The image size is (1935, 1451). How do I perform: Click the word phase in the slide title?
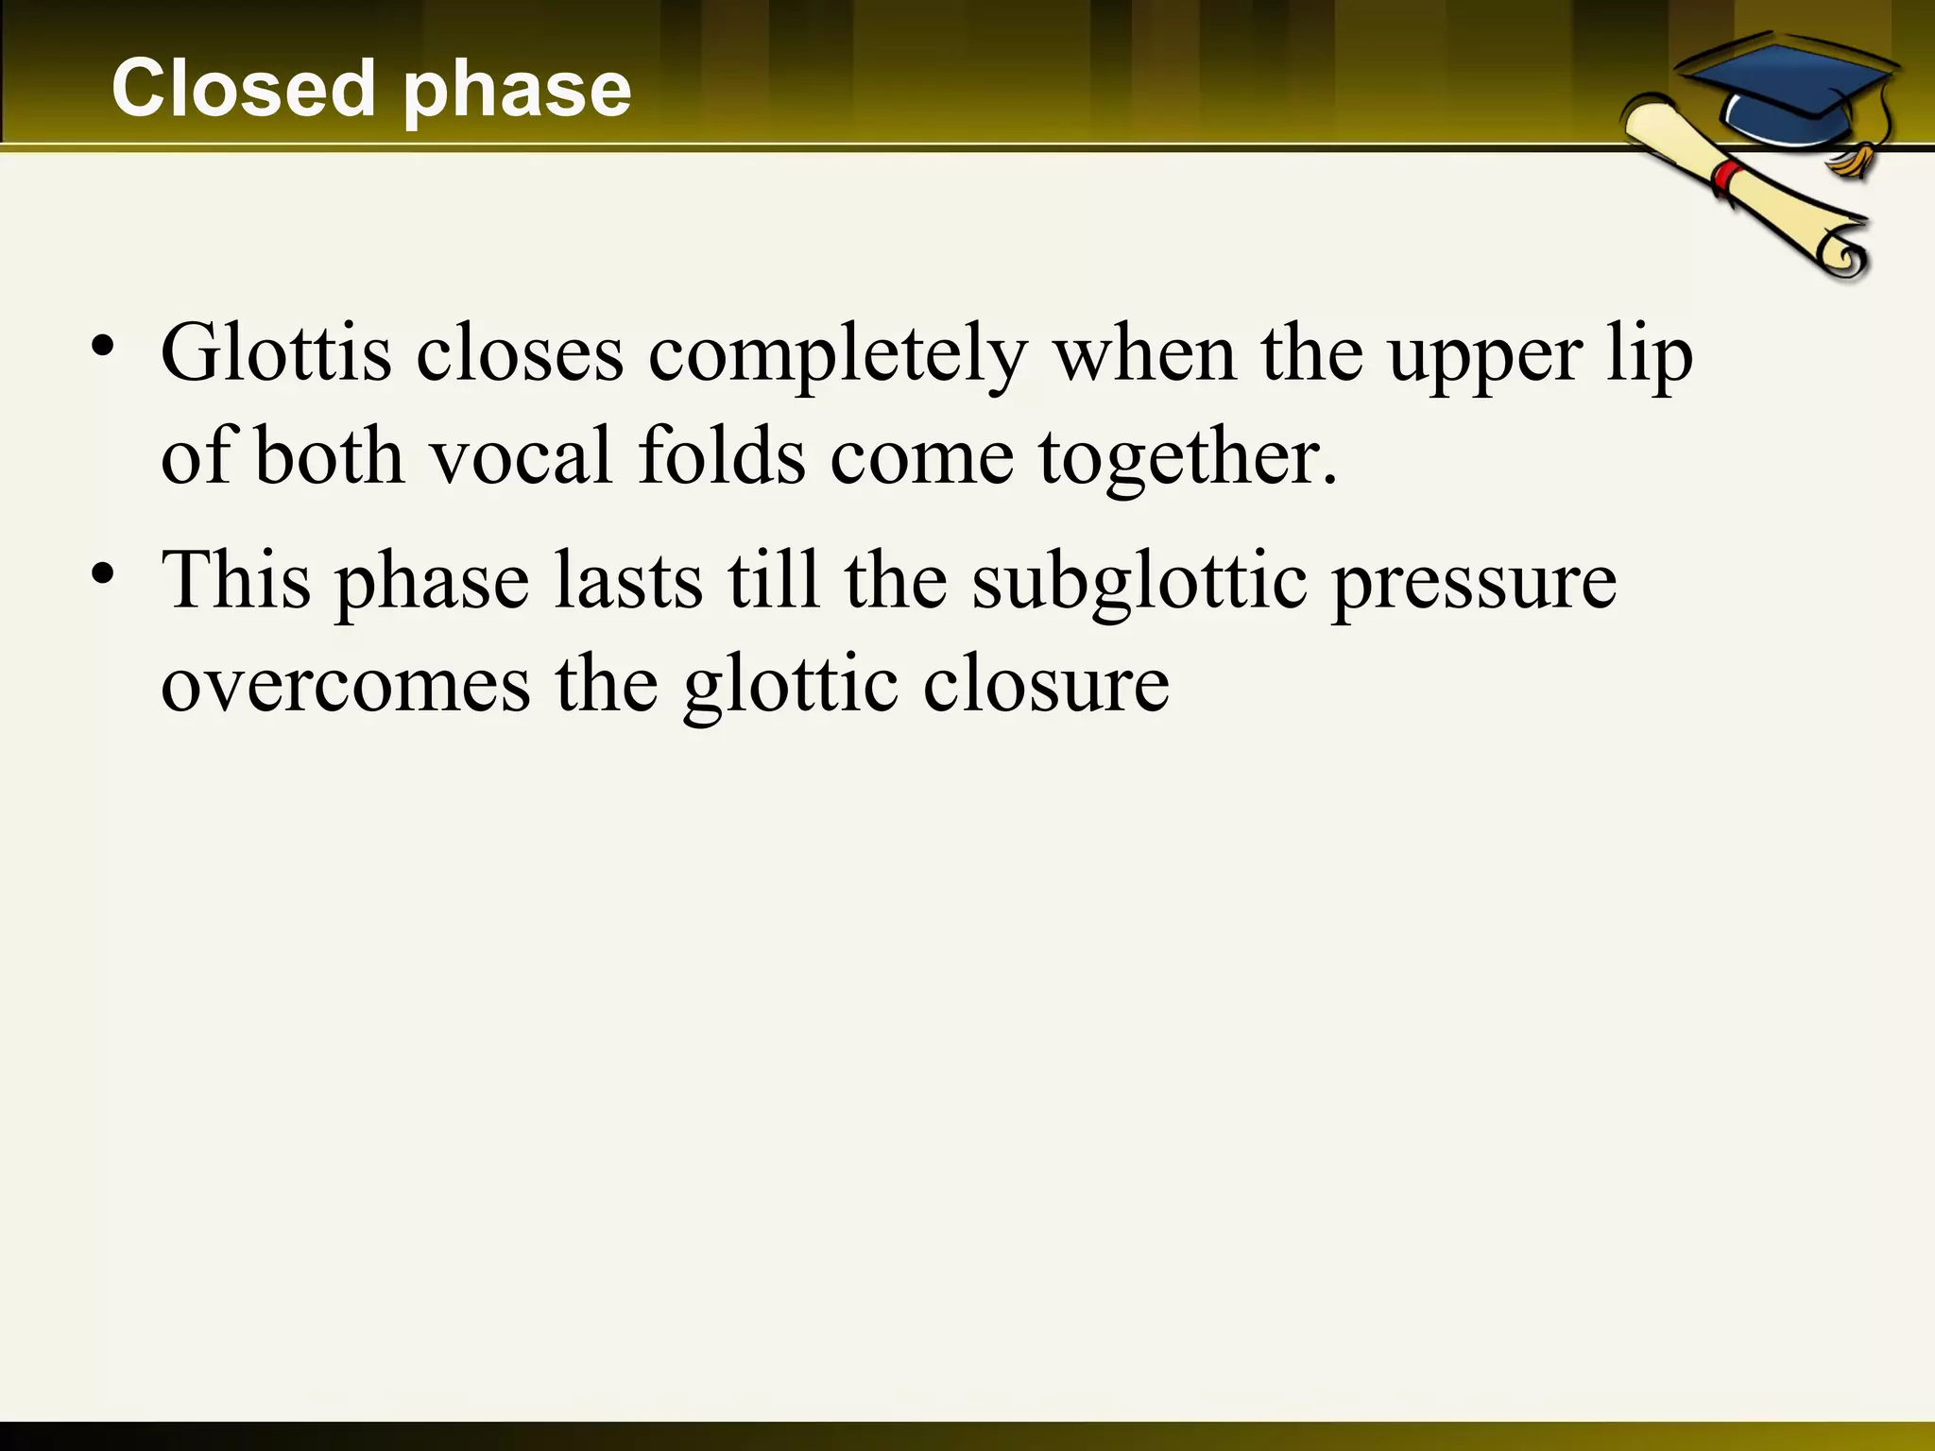[x=518, y=92]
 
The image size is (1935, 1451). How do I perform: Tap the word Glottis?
[x=276, y=353]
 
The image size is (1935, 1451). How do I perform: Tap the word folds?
[x=722, y=456]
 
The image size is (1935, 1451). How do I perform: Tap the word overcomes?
[x=346, y=684]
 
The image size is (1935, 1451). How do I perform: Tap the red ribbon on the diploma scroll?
[x=1728, y=177]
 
